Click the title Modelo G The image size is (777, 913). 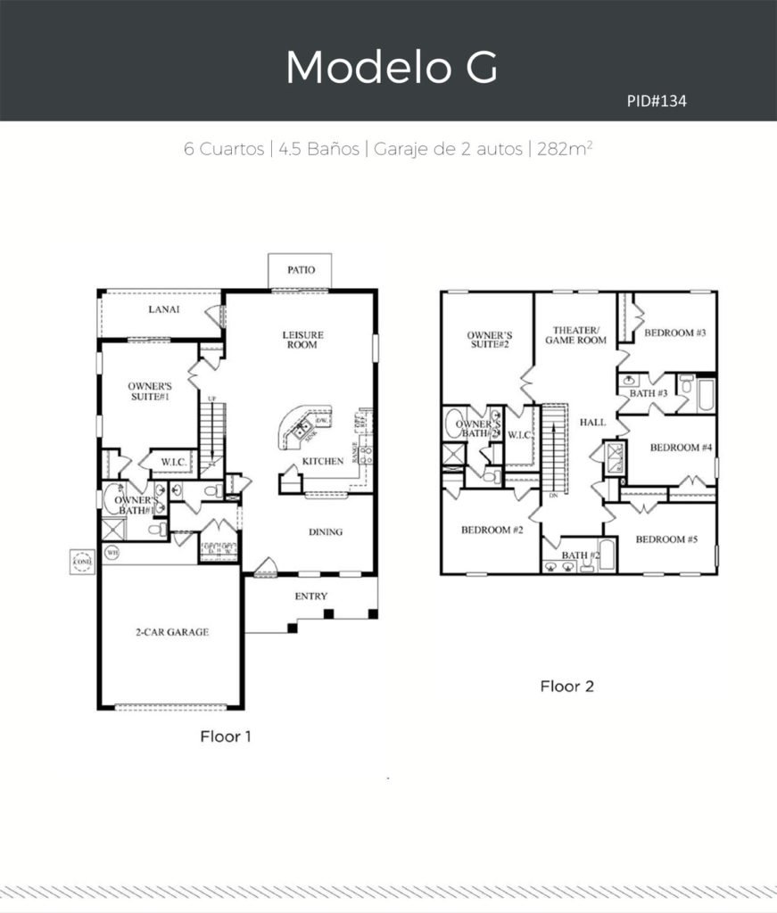(391, 67)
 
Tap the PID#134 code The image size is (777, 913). (656, 102)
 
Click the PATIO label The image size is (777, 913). (300, 269)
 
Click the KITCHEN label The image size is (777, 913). (322, 462)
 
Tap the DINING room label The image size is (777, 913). (326, 532)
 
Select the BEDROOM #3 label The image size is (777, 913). (675, 333)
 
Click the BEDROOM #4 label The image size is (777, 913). (681, 447)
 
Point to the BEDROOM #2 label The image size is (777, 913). (492, 531)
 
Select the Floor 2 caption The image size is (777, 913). (566, 687)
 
